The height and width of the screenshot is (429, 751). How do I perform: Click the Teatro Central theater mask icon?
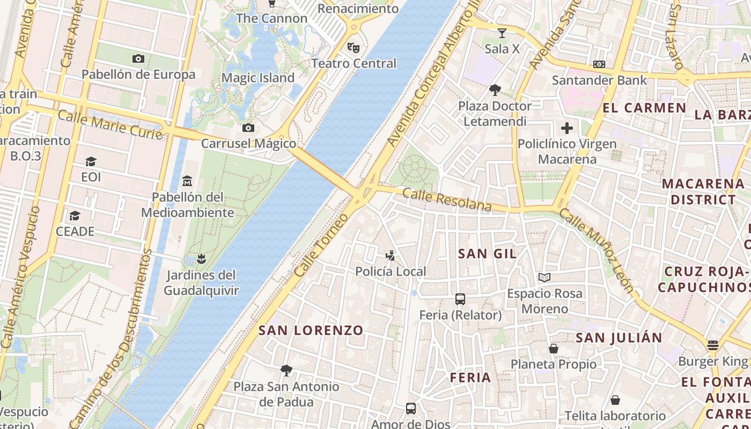point(353,47)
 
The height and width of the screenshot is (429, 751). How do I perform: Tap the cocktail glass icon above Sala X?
point(502,33)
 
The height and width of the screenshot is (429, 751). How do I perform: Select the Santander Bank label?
point(599,80)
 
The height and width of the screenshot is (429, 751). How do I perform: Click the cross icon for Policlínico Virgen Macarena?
point(566,128)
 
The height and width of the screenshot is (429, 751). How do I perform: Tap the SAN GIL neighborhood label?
point(487,254)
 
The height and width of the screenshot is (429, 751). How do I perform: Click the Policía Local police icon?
point(391,256)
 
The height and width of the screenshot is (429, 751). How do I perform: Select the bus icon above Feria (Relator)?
point(460,299)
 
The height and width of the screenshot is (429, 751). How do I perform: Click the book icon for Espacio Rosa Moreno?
point(544,277)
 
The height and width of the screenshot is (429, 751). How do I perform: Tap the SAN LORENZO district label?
point(311,330)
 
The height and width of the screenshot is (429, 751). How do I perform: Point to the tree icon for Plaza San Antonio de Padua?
point(286,370)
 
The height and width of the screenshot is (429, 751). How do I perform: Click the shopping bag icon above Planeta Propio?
point(554,349)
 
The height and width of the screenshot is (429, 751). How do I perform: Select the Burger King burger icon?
point(712,345)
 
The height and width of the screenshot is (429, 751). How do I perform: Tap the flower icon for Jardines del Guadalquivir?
point(201,260)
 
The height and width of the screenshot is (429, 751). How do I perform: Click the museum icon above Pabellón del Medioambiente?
point(187,181)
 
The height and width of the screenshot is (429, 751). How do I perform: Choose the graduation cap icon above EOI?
point(91,161)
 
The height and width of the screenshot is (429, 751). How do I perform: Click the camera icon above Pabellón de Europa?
point(138,58)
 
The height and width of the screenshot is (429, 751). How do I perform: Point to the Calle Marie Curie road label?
point(110,124)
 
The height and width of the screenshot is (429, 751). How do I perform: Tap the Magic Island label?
point(258,78)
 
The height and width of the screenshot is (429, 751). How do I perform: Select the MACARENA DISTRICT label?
point(703,191)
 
